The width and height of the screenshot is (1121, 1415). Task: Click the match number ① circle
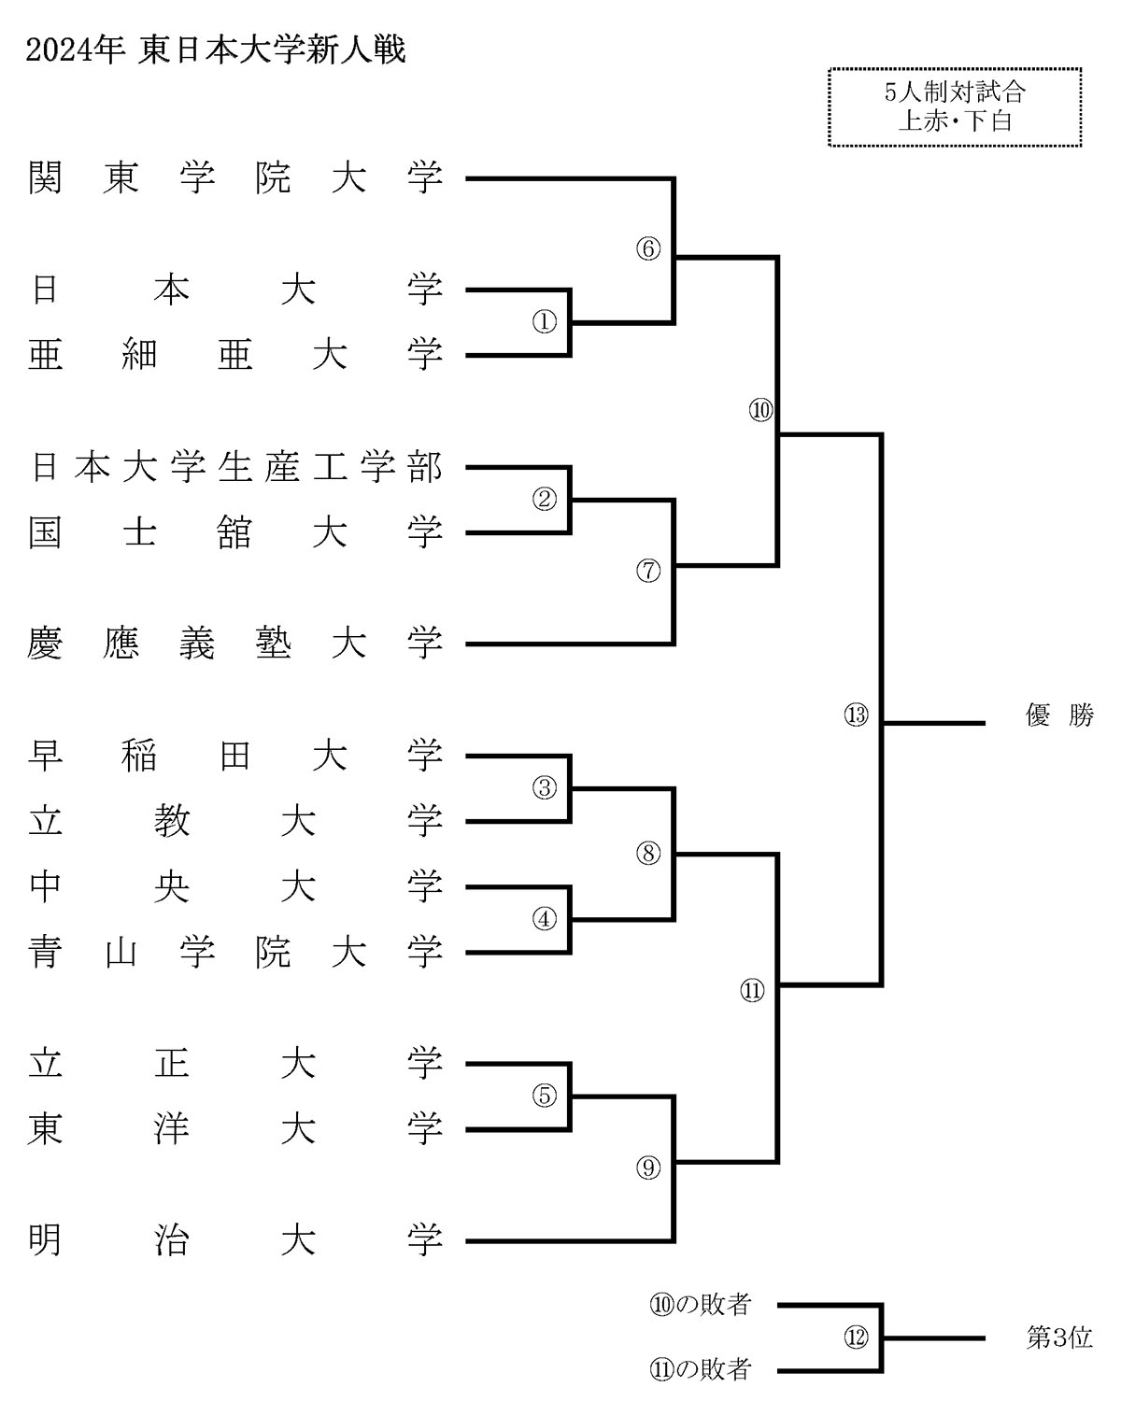[545, 321]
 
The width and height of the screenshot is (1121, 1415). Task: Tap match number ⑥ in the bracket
[648, 249]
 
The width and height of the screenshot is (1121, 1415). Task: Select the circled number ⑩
[761, 410]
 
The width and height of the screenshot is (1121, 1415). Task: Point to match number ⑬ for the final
[857, 716]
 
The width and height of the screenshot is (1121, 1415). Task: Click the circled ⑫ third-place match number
[857, 1337]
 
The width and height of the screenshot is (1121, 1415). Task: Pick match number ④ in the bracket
[545, 919]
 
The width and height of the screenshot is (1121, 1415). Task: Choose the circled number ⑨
[648, 1167]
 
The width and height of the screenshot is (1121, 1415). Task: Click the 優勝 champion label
[1059, 716]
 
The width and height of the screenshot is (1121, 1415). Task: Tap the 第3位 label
[1059, 1337]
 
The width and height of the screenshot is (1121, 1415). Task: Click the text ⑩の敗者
[701, 1305]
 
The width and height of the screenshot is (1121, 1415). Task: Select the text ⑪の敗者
[701, 1370]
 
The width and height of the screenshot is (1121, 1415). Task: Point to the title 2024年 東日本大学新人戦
[216, 50]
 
